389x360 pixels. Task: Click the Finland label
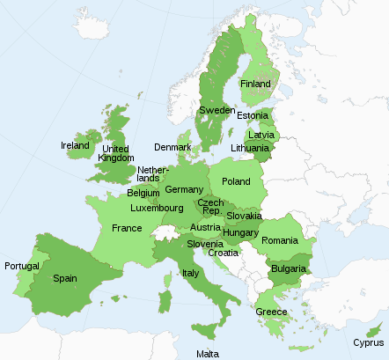click(255, 84)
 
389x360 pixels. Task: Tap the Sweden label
click(217, 110)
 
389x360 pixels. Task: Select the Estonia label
click(253, 115)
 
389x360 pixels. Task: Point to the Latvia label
click(261, 135)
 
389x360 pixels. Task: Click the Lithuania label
click(249, 148)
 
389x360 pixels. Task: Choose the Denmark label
click(172, 147)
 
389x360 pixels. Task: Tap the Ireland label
click(75, 145)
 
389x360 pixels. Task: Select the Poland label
click(236, 181)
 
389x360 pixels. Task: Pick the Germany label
click(184, 189)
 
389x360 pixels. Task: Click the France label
click(127, 228)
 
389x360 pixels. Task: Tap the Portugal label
click(22, 266)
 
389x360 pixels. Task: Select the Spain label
click(65, 278)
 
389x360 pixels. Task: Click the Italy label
click(190, 273)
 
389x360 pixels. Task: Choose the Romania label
click(280, 240)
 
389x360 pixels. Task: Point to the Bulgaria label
click(288, 268)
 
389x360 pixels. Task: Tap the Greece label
click(271, 312)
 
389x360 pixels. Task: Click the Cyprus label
click(368, 342)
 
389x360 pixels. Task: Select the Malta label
click(208, 353)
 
